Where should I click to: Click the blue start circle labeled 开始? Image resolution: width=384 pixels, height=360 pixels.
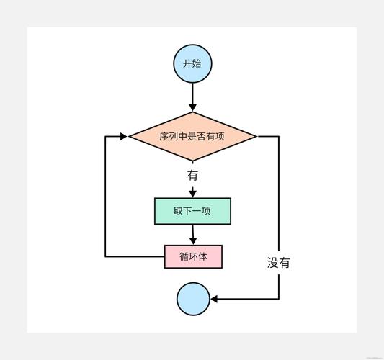click(x=192, y=63)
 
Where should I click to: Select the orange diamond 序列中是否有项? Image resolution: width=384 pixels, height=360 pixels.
click(x=192, y=135)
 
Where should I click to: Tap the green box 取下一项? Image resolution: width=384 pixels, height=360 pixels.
click(x=192, y=211)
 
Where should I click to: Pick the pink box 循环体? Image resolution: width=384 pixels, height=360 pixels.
click(x=192, y=256)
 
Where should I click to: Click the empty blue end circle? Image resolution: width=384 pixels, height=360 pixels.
click(x=192, y=299)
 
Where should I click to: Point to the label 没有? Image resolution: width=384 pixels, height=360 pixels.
click(x=279, y=263)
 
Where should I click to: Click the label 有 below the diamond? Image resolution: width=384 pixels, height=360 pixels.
click(x=192, y=175)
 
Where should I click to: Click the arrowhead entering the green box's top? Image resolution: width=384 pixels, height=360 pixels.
click(x=192, y=194)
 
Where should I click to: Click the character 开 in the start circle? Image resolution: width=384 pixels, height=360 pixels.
click(x=187, y=63)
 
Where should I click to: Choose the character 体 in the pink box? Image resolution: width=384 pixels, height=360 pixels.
click(x=202, y=256)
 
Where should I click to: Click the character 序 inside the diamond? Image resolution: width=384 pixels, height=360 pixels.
click(x=164, y=135)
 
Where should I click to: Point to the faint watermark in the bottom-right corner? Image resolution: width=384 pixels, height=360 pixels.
click(x=372, y=355)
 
